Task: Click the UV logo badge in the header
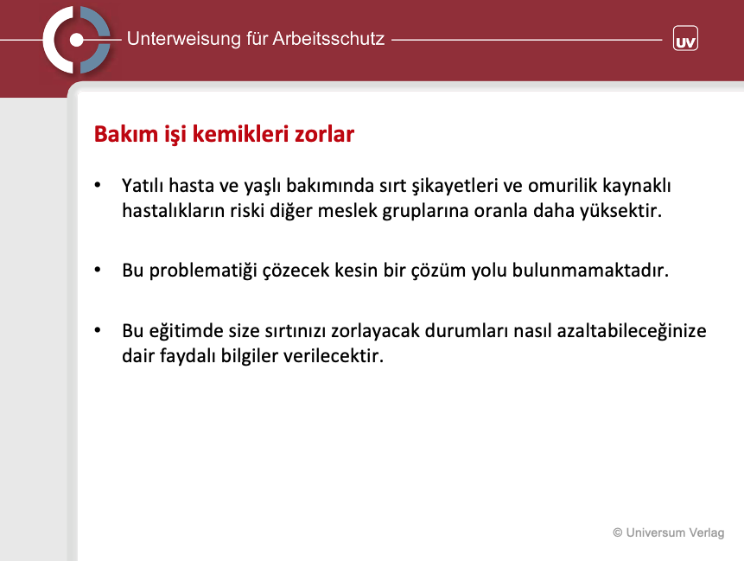tap(685, 38)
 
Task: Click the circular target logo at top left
tap(76, 40)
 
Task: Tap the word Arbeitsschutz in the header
tap(328, 39)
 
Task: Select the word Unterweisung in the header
tap(184, 39)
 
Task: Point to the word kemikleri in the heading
tap(240, 134)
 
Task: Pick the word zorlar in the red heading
tap(325, 134)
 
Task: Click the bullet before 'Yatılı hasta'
tap(98, 185)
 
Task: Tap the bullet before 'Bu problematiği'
tap(98, 270)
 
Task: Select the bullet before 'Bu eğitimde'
tap(98, 330)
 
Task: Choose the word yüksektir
tap(620, 211)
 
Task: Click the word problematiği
tap(203, 271)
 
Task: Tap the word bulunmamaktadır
tap(590, 270)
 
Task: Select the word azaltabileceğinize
tap(632, 331)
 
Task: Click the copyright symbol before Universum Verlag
tap(617, 532)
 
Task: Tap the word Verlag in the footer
tap(707, 533)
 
